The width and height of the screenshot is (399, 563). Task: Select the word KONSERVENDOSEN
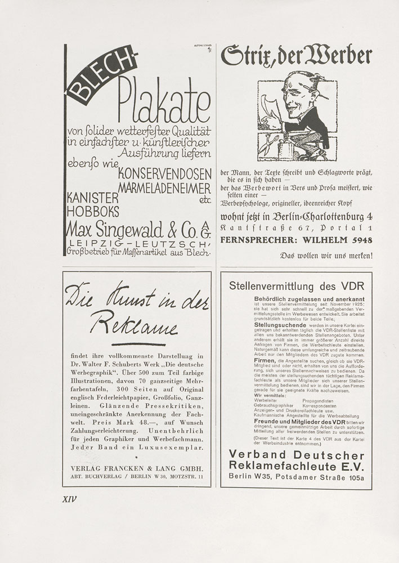165,173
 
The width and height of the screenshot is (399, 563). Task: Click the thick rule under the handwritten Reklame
138,343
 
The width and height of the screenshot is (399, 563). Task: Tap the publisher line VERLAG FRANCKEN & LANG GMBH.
137,468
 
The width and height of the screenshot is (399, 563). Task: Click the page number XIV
69,498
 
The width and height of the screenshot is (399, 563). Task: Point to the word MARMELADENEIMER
165,186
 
